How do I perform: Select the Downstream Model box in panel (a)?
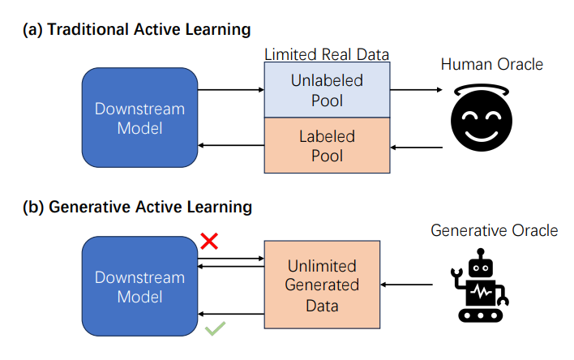click(139, 118)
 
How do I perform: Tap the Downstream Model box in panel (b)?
click(139, 287)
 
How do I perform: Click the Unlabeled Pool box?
click(327, 91)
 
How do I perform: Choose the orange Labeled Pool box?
click(327, 144)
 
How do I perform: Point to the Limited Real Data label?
click(327, 54)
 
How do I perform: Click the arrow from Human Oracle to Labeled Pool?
click(417, 148)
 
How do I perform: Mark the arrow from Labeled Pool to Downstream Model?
click(231, 147)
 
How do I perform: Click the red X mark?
click(209, 241)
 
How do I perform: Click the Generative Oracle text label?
click(494, 231)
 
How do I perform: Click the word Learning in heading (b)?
click(221, 207)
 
